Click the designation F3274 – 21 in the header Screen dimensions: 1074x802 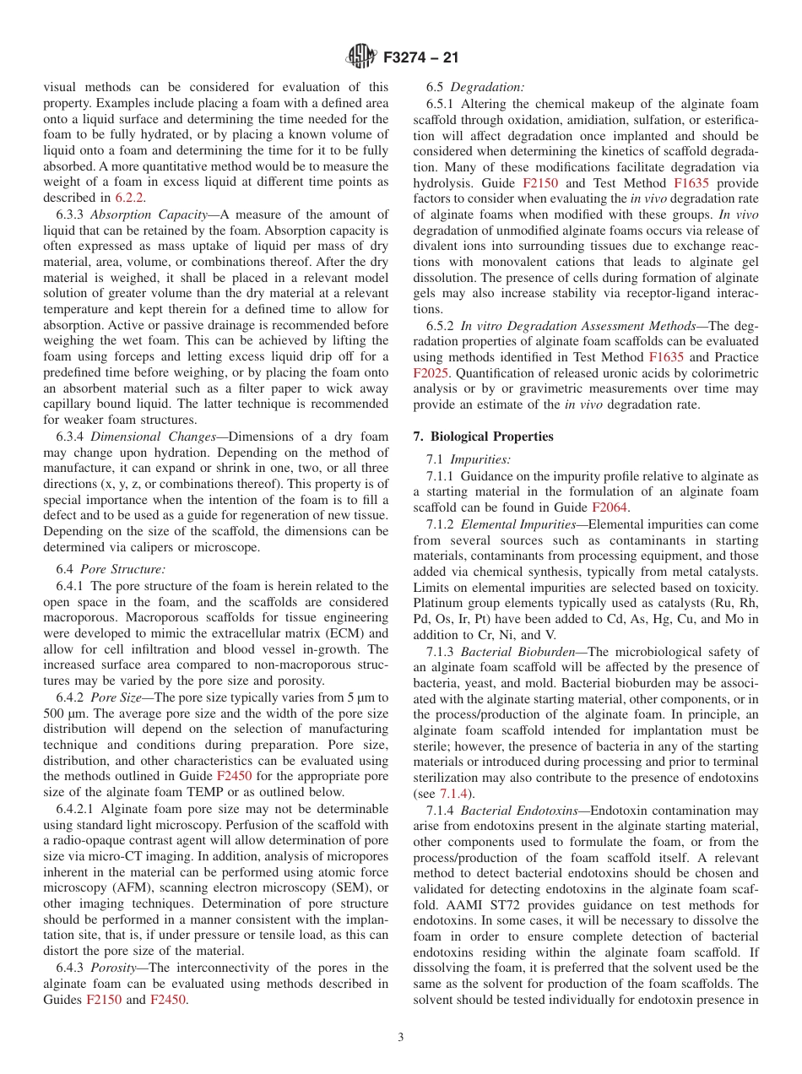tap(420, 58)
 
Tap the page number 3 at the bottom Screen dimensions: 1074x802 tap(401, 1038)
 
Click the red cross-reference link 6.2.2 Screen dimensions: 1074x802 tap(129, 198)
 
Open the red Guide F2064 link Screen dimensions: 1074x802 tap(609, 507)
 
